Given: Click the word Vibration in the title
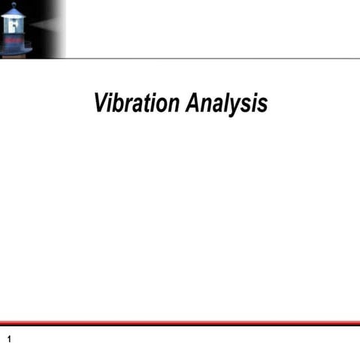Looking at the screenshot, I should [x=135, y=103].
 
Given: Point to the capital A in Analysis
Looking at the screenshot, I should [x=192, y=102].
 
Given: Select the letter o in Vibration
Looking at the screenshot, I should [x=160, y=104].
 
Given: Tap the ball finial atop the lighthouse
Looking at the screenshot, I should [x=14, y=5].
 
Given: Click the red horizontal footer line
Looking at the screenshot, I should [x=180, y=324].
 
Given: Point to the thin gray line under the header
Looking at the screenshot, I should [x=210, y=58].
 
